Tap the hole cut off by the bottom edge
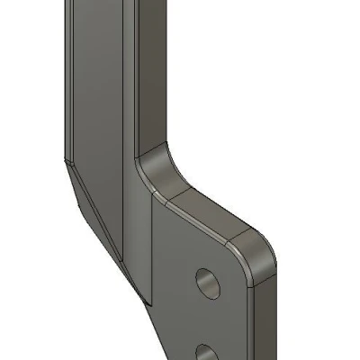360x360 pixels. tap(207, 352)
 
